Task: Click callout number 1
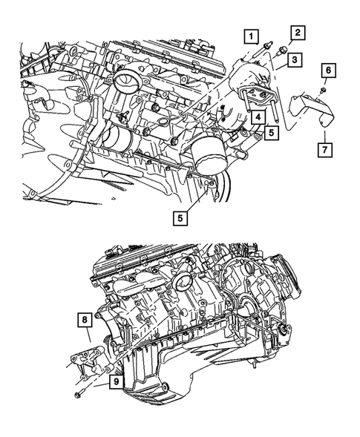[252, 36]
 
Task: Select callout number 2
[297, 32]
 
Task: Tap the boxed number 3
[295, 59]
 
